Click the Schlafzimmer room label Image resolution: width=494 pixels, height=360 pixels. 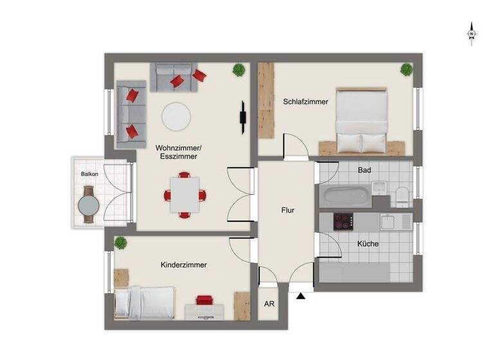(306, 102)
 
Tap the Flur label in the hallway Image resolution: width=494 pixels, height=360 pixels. (288, 210)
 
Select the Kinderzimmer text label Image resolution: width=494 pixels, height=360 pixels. (183, 264)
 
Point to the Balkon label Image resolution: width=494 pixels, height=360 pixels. (89, 174)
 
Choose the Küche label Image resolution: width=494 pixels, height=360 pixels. (368, 244)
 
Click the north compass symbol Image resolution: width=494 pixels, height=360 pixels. (471, 33)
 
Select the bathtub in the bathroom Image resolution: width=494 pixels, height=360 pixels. (345, 195)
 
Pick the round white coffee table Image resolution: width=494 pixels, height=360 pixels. (176, 116)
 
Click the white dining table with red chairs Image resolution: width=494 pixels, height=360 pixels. (185, 194)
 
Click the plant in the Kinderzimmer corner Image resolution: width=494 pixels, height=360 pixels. (120, 242)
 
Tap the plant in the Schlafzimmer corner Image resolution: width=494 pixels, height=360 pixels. (406, 69)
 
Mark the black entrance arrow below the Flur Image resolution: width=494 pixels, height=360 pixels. (300, 296)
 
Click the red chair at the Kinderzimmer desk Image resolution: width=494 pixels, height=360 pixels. (205, 301)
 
